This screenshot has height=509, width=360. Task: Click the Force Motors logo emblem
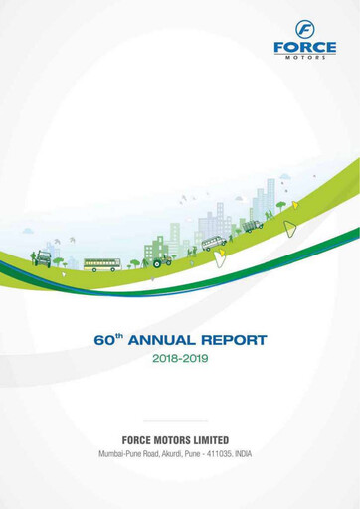coord(304,29)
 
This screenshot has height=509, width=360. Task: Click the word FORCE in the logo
coord(304,46)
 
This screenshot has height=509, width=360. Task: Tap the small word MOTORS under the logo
coord(304,57)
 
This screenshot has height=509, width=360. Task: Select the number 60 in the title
coord(104,341)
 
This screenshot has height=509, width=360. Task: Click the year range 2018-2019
coord(180,359)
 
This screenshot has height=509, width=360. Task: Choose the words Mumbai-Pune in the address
coord(120,454)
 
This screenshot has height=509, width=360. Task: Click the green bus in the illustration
coord(101,265)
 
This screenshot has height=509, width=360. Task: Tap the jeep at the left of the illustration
coord(42,258)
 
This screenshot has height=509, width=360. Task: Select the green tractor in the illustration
coord(161,261)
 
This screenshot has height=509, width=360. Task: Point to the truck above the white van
coord(253,226)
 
